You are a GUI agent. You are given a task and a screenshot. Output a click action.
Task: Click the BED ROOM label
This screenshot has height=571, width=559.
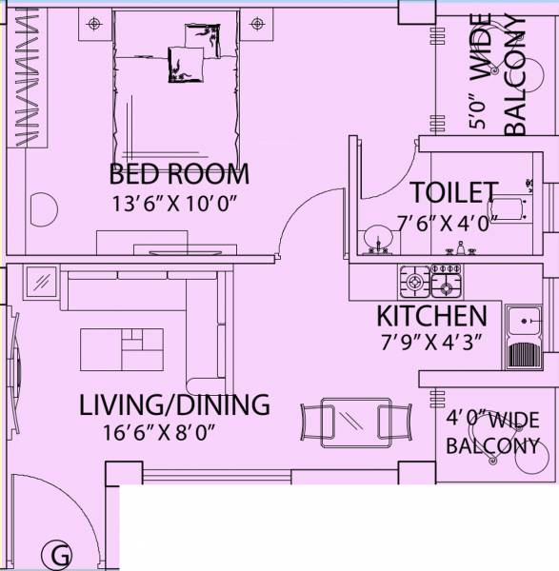click(x=179, y=174)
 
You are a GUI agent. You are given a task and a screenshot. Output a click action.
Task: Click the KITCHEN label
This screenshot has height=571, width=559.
click(x=431, y=316)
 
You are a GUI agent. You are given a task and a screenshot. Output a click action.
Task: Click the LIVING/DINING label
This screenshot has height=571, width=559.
click(x=174, y=404)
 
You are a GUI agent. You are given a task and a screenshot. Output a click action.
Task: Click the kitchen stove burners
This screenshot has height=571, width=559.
click(x=431, y=281)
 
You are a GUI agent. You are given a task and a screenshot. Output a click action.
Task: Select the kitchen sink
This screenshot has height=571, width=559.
click(x=526, y=338)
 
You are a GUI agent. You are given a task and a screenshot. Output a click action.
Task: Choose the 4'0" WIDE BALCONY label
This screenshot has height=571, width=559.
click(x=493, y=432)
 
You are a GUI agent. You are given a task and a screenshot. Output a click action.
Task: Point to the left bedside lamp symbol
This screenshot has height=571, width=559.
click(x=92, y=22)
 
